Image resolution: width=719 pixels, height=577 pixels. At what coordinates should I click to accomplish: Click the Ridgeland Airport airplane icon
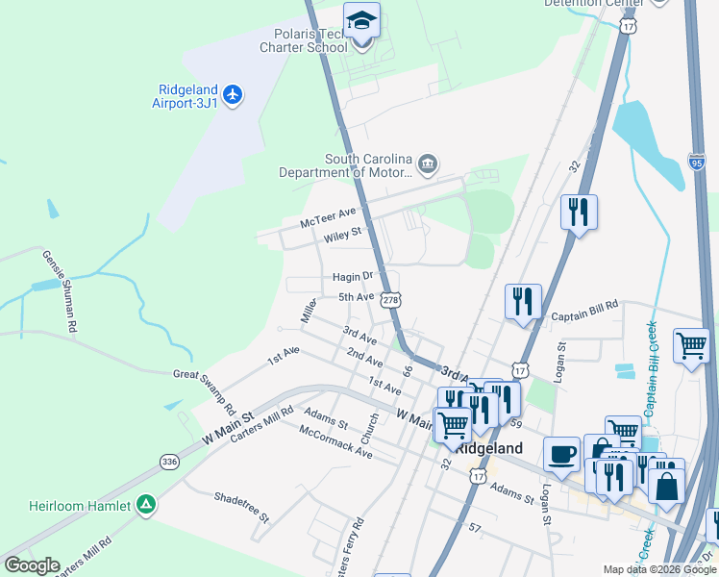232,94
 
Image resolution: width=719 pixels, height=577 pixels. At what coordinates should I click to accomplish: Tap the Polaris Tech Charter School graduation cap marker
361,21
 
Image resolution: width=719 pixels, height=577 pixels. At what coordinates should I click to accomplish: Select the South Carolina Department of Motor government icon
428,165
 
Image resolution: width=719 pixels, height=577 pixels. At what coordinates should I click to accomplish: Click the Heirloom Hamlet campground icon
145,504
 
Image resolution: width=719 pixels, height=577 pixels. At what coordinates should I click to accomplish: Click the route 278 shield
389,300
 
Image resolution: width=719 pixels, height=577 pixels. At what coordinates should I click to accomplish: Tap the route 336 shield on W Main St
170,462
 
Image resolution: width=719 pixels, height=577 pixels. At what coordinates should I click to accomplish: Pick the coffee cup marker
561,453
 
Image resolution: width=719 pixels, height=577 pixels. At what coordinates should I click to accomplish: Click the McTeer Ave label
328,216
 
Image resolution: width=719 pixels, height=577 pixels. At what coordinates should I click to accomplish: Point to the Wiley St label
342,234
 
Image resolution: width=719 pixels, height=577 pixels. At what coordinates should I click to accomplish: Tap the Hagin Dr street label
352,276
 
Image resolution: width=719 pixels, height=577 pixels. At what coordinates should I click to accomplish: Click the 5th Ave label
356,297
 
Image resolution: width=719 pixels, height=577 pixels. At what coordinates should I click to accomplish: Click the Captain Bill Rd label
583,315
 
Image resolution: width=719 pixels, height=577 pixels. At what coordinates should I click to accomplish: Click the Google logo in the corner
32,565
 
